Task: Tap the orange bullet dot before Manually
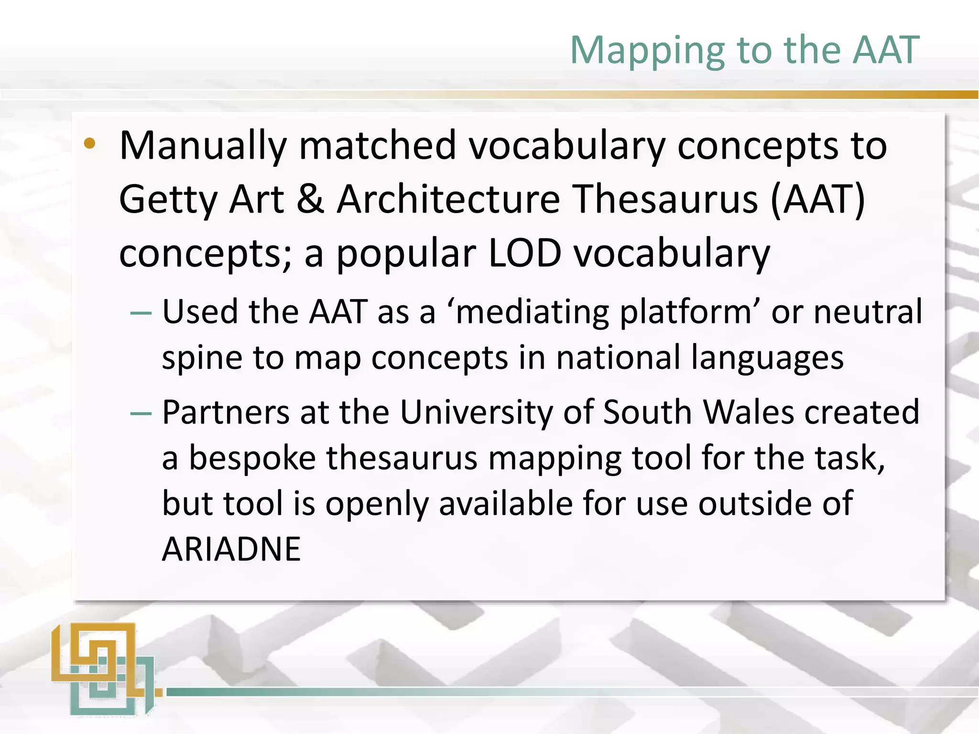coord(89,143)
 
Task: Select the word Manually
coord(203,146)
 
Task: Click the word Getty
coord(168,200)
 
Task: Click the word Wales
coord(748,412)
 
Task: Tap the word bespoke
coord(252,458)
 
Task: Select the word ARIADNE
coord(231,549)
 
